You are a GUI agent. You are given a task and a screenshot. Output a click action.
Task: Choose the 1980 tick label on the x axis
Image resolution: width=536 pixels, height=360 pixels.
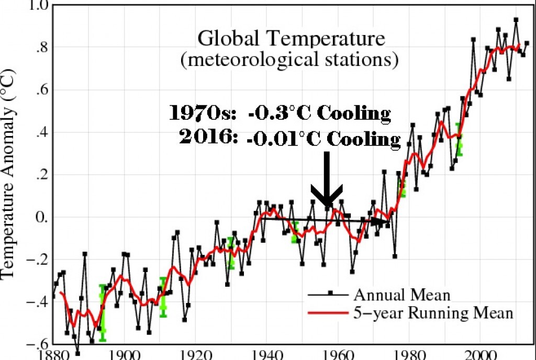(x=410, y=354)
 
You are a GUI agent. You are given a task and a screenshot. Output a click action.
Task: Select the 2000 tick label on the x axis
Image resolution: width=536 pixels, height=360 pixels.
(x=482, y=354)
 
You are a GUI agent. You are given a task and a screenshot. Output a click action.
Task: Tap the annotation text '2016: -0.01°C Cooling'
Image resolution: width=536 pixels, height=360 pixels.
(x=289, y=139)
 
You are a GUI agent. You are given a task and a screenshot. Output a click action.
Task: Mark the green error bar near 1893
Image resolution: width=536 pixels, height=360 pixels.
(x=103, y=309)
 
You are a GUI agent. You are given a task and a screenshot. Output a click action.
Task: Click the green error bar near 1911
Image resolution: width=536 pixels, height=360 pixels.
(x=163, y=297)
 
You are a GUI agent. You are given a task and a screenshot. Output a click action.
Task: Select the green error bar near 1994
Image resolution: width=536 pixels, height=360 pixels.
(x=459, y=139)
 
